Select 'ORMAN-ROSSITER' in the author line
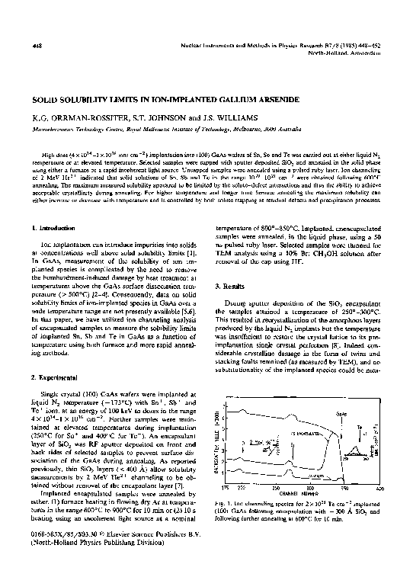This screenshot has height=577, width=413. point(75,119)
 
